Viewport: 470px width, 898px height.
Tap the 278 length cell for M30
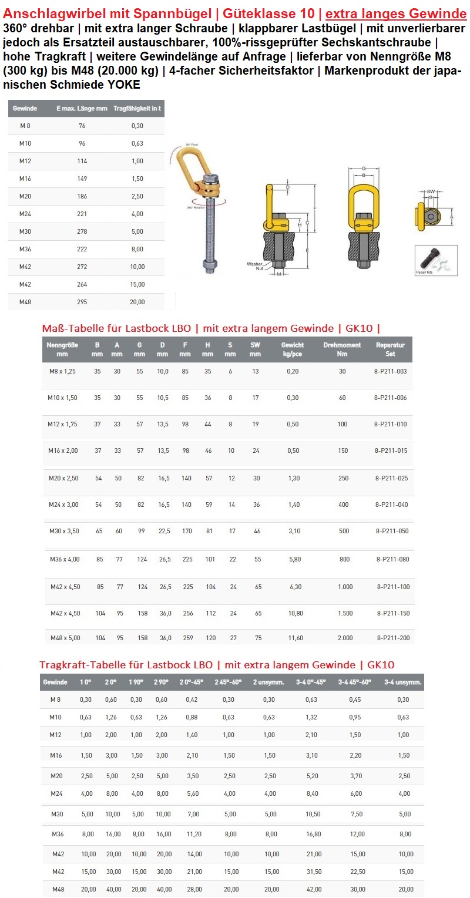click(82, 231)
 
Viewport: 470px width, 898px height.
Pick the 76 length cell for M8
click(82, 126)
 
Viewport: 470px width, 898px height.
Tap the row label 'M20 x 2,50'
click(63, 478)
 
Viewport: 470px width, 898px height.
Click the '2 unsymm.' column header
click(268, 682)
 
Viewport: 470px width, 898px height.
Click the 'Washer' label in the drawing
click(254, 264)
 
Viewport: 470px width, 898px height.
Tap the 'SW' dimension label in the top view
click(431, 191)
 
